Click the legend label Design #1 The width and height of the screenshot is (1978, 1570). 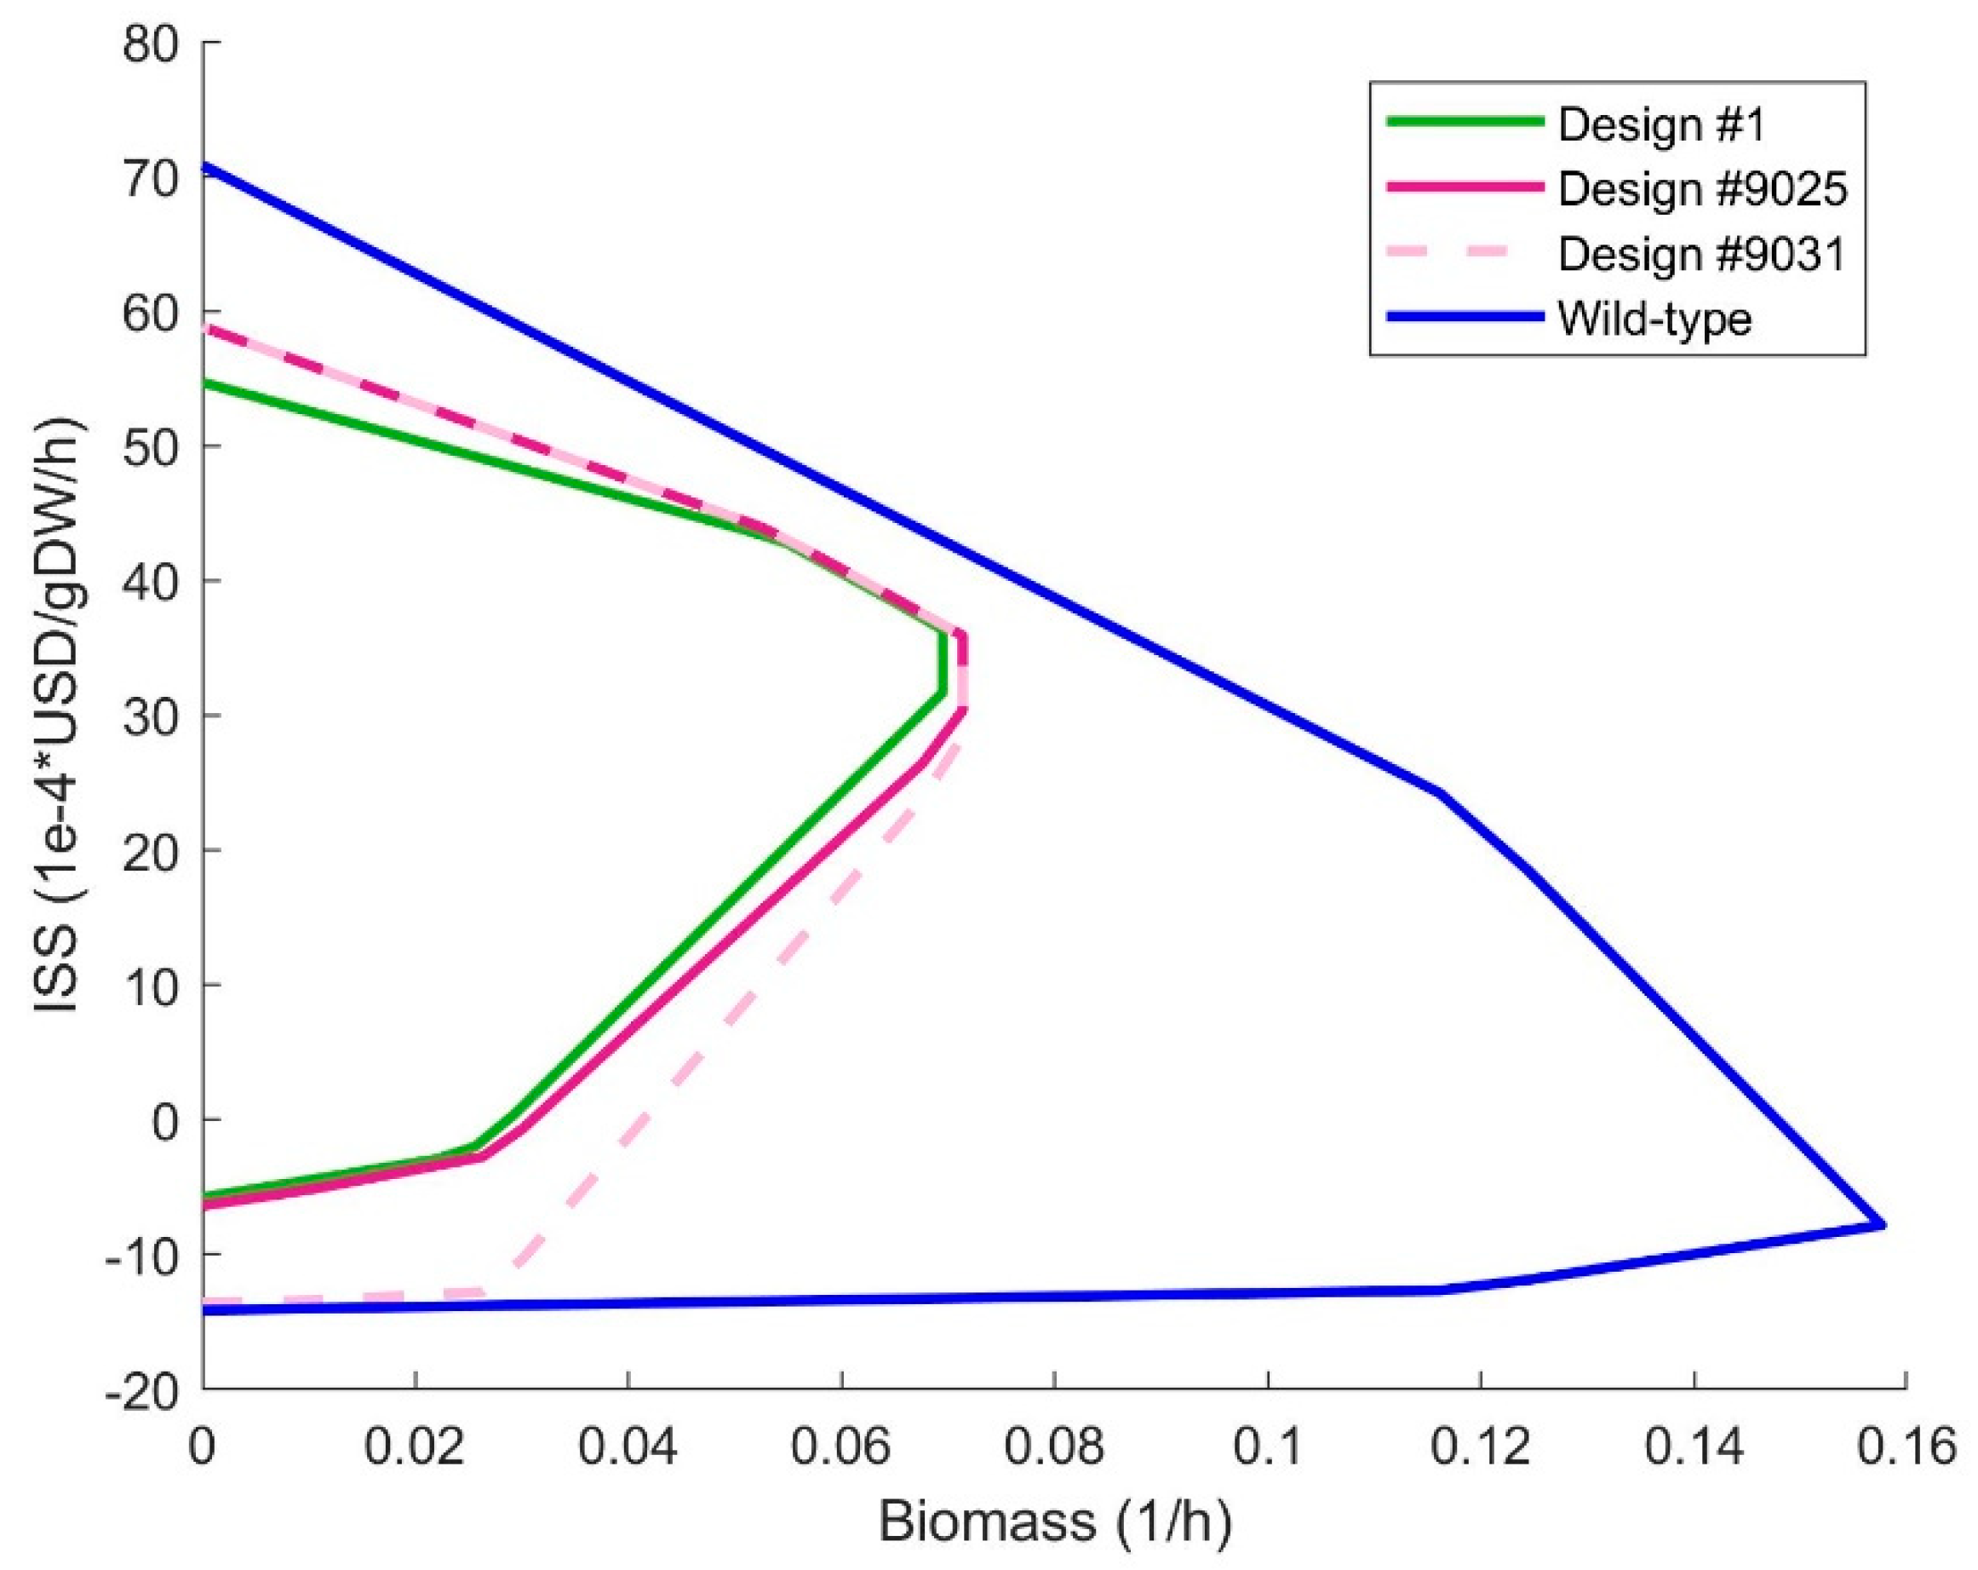tap(1660, 124)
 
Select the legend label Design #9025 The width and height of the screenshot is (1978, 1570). tap(1703, 189)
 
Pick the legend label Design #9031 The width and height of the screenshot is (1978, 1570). tap(1702, 254)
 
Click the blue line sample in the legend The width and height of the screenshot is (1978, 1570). tap(1465, 318)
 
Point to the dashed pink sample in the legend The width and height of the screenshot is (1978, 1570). tap(1465, 253)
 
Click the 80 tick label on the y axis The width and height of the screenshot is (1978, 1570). tap(152, 43)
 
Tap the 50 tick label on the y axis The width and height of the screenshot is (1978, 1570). tap(152, 447)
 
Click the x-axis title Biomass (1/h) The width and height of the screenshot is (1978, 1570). tap(1055, 1521)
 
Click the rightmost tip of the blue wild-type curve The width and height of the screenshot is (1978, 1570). tap(1883, 1225)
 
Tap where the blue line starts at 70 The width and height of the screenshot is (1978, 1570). tap(205, 167)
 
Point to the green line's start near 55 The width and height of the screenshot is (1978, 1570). tap(205, 382)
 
